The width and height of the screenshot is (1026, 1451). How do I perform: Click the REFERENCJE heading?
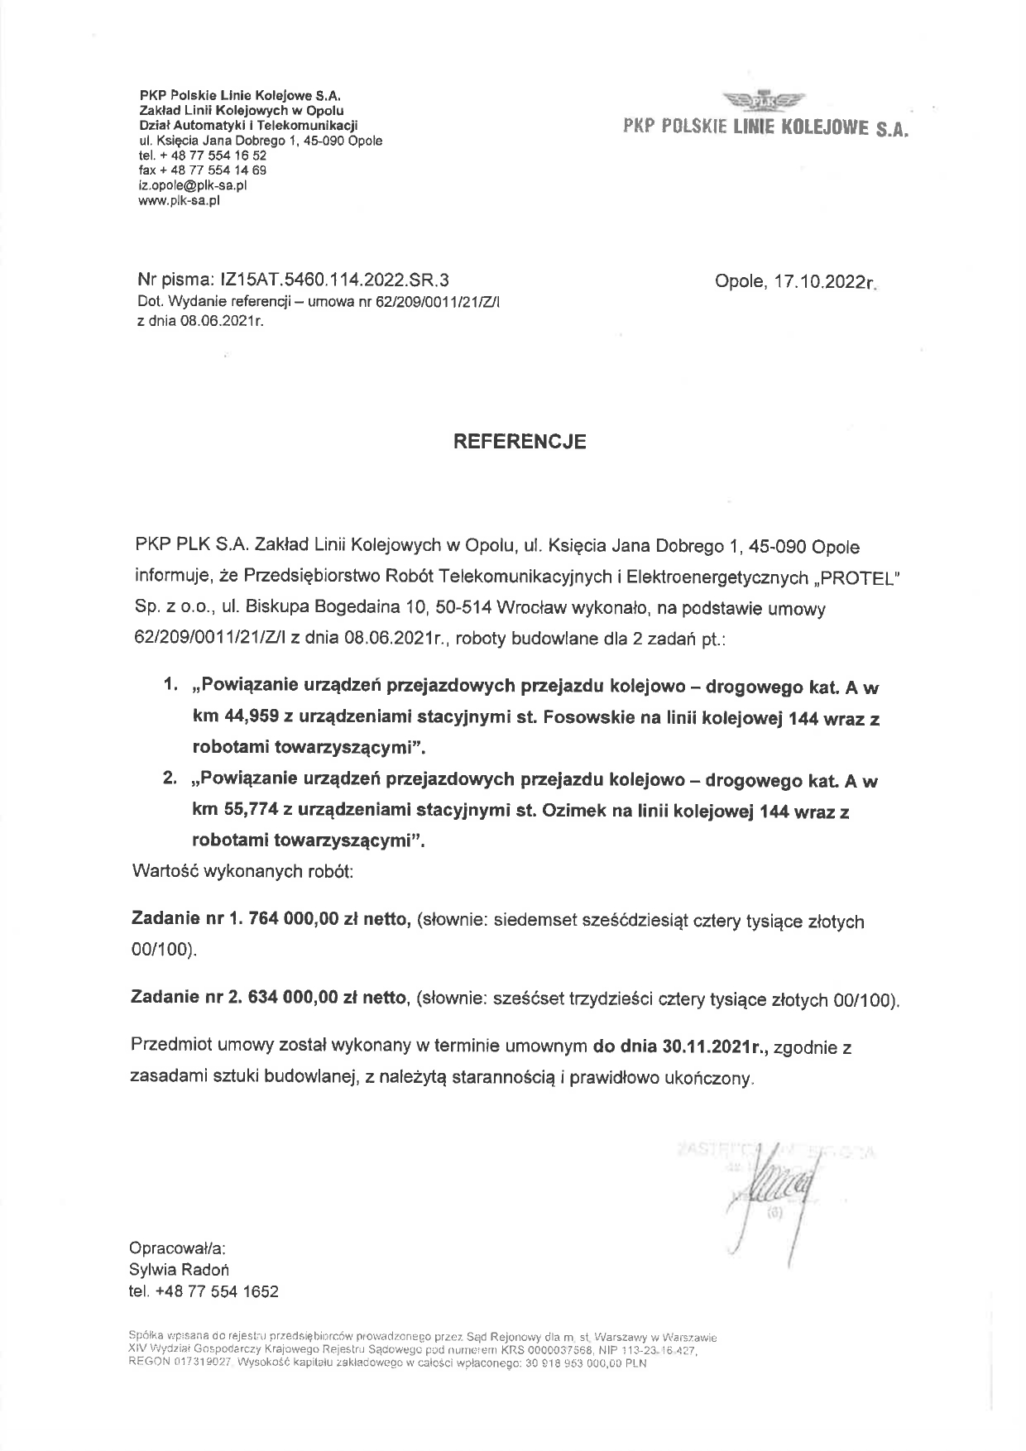pyautogui.click(x=520, y=442)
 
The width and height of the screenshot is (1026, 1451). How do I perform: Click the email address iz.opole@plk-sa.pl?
pyautogui.click(x=192, y=185)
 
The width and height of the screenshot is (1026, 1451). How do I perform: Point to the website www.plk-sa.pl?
pyautogui.click(x=179, y=199)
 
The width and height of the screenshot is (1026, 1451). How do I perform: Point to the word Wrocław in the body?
pyautogui.click(x=526, y=609)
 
